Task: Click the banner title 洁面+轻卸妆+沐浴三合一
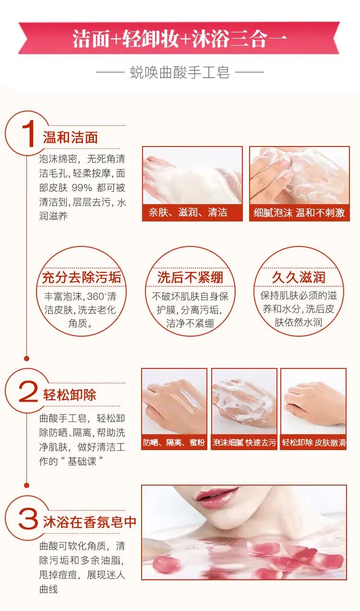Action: coord(180,38)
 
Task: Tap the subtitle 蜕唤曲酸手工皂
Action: coord(180,73)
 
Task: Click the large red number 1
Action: coord(28,134)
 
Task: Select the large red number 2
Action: coord(28,393)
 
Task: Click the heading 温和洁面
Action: coord(71,138)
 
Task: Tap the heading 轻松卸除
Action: coord(70,395)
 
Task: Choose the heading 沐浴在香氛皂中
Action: coord(90,522)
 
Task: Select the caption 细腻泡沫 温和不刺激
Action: coord(299,212)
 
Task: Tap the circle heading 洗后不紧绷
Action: coord(190,277)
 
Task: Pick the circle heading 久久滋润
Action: coord(299,277)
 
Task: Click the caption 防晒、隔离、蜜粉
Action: coord(174,442)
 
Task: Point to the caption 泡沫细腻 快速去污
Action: coord(244,442)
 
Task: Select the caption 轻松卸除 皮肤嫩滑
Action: coord(313,442)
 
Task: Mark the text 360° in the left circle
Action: coord(97,297)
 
